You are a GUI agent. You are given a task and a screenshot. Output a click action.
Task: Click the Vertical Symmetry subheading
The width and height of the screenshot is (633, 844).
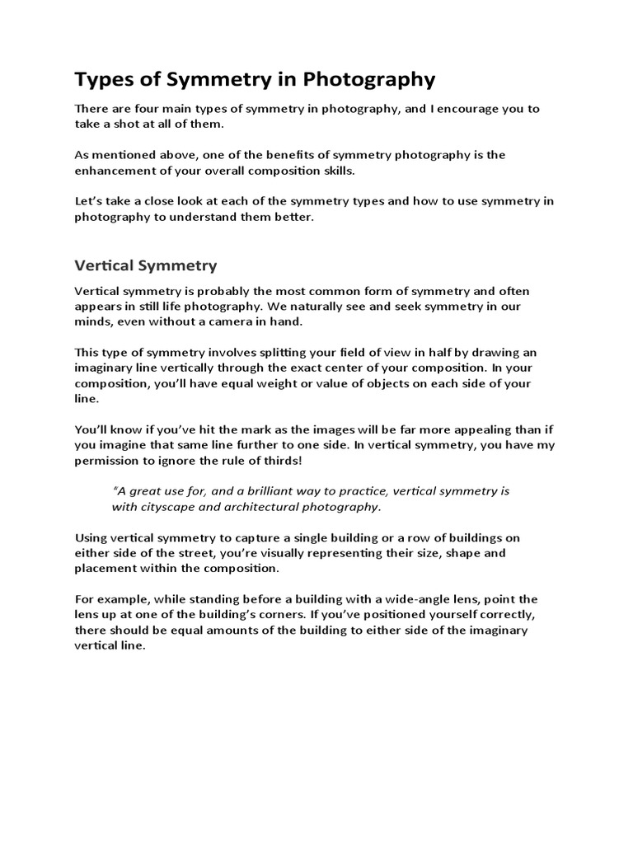coord(146,265)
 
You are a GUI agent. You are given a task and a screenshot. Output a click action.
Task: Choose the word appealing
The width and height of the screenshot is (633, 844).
coord(448,429)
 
